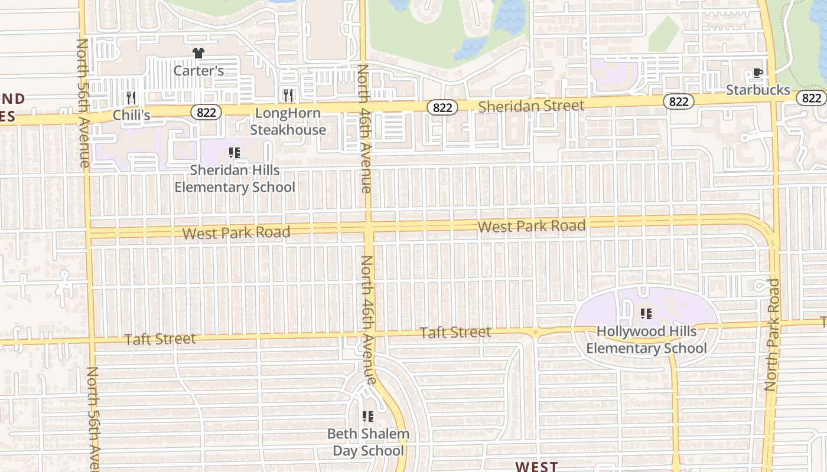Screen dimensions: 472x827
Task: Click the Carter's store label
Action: (198, 71)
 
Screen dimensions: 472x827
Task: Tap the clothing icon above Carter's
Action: (198, 53)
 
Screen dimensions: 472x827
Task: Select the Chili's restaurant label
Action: (131, 115)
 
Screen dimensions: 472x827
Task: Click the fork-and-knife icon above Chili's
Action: (131, 97)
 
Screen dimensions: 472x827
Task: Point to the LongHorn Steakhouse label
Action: (288, 122)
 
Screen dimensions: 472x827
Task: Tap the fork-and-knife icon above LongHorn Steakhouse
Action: (288, 95)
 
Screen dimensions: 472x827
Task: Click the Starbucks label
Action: (758, 90)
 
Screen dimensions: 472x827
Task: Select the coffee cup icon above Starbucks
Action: (758, 73)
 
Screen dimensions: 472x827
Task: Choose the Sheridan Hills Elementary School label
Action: (235, 179)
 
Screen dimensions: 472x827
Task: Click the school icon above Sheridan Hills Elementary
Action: (235, 153)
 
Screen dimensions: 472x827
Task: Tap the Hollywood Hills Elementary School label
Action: (646, 340)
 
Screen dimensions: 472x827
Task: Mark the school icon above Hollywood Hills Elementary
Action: (646, 313)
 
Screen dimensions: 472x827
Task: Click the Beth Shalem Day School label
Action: (368, 442)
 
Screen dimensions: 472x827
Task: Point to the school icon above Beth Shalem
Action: (368, 417)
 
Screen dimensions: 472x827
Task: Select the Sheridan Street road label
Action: (531, 106)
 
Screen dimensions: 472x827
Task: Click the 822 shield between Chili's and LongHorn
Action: (206, 112)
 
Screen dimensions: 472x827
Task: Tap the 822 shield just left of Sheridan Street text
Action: (442, 107)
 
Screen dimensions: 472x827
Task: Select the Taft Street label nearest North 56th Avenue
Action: (160, 339)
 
